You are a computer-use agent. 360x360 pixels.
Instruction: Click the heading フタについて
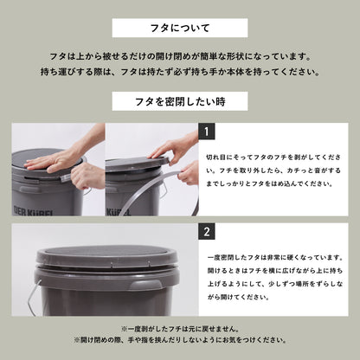coord(180,28)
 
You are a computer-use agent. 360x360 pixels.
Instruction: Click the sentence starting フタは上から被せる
coord(180,54)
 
